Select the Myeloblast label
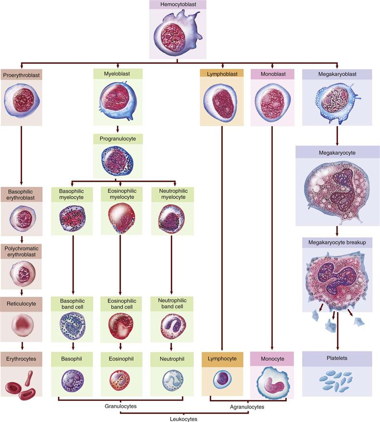[x=117, y=74]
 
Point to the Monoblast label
[x=273, y=74]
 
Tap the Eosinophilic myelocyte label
[x=120, y=194]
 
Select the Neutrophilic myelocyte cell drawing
[x=172, y=219]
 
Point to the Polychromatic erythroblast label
[x=21, y=251]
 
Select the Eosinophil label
[x=120, y=358]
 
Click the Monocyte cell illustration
[x=273, y=382]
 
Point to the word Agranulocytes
[x=247, y=407]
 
